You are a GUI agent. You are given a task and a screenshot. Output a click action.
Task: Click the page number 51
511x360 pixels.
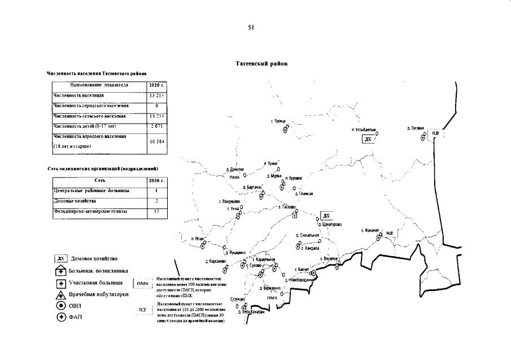[250, 27]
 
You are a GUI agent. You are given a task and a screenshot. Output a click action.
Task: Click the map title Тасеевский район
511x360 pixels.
[261, 64]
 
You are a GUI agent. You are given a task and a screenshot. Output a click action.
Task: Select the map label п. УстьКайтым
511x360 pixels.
[363, 129]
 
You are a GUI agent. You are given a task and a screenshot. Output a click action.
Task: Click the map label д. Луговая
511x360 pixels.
[415, 128]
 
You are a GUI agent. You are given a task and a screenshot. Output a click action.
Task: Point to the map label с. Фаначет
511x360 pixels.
[370, 230]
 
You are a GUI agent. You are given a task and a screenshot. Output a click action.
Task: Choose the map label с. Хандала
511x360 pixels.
[311, 248]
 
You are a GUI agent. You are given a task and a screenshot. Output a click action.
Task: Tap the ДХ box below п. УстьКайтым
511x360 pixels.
[368, 139]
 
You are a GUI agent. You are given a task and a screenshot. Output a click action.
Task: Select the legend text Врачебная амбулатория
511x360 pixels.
[98, 294]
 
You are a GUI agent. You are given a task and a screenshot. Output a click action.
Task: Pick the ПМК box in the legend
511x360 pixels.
[142, 284]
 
